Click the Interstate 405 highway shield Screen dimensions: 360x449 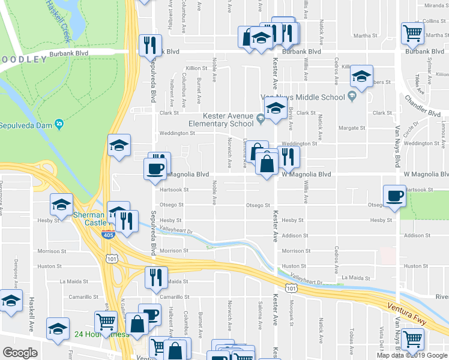(108, 234)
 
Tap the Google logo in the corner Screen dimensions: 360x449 (20, 353)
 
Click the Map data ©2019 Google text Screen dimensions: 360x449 (412, 355)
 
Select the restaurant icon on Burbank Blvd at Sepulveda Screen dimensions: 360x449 (149, 44)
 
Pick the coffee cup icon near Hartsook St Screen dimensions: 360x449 (395, 196)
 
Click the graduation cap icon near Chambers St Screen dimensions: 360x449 (361, 76)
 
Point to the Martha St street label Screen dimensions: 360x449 (366, 35)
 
